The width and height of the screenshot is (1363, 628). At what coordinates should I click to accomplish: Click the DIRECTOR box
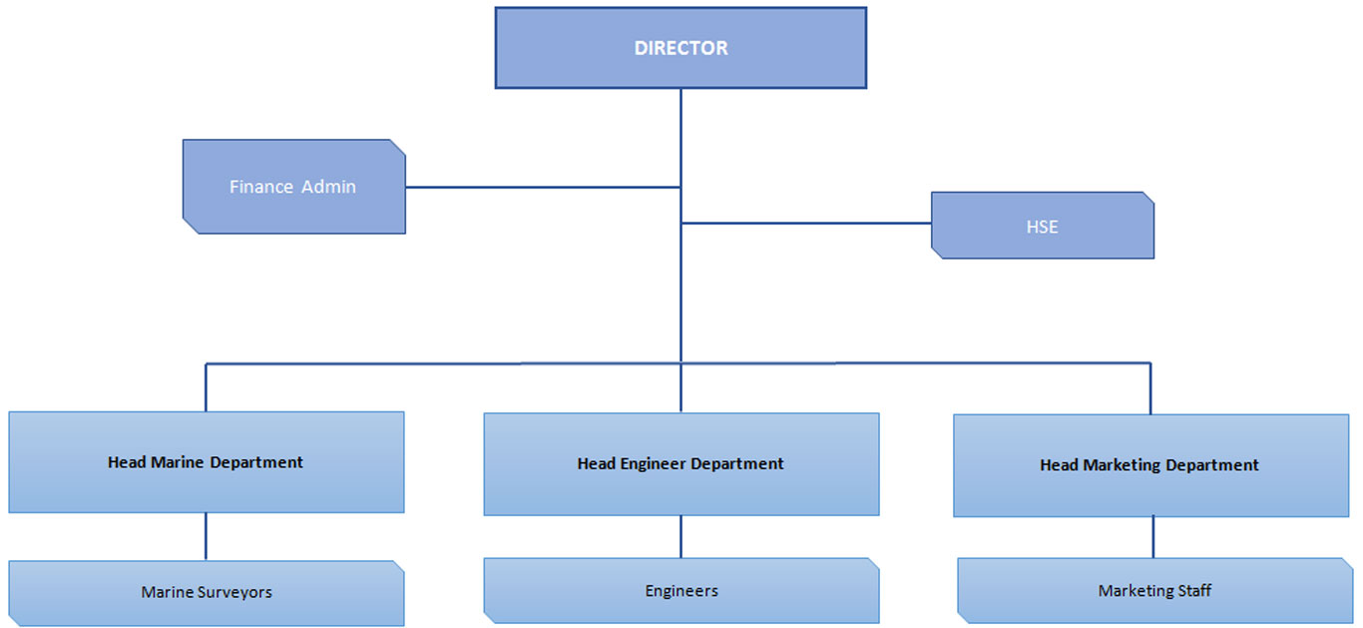[x=681, y=48]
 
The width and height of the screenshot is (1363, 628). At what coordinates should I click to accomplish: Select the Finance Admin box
[x=294, y=187]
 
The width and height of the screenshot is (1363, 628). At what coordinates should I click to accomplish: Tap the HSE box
[x=1042, y=226]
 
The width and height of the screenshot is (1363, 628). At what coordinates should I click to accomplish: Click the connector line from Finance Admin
[x=543, y=187]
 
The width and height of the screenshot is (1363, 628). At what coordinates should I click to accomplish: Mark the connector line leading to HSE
[x=806, y=223]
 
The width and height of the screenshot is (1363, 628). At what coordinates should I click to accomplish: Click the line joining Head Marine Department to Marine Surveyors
[x=207, y=536]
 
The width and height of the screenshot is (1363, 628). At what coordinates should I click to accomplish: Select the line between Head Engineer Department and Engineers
[x=681, y=536]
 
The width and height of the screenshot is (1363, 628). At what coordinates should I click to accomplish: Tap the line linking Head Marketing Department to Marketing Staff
[x=1153, y=537]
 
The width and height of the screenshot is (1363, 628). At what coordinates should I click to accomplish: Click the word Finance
[x=260, y=187]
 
